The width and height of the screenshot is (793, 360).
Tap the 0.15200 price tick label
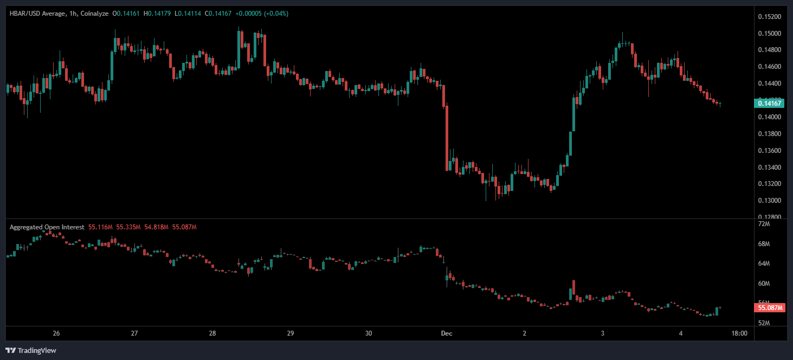tap(770, 17)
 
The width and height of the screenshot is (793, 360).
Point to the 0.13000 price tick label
tap(770, 201)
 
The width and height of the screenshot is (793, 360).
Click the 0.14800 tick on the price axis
tap(770, 50)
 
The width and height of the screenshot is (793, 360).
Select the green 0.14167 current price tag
tap(770, 103)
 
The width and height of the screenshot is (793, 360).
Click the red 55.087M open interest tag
tap(770, 308)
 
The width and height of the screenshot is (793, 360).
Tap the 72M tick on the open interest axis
tap(764, 224)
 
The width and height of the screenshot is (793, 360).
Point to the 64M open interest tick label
tap(764, 263)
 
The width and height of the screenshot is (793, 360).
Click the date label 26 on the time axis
tap(56, 333)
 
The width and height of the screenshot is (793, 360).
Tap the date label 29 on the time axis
tap(290, 333)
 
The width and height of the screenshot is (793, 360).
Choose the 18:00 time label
tap(739, 333)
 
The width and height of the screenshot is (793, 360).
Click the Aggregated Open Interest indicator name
tap(47, 227)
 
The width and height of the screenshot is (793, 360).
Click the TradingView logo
tap(31, 350)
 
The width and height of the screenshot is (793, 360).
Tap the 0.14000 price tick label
tap(770, 117)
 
